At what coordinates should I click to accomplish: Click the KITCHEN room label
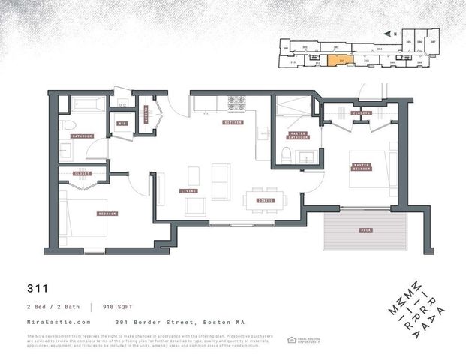[x=232, y=122]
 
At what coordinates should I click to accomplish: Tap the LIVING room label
[x=189, y=191]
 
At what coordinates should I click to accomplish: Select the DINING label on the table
[x=266, y=200]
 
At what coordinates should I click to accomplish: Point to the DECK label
[x=365, y=230]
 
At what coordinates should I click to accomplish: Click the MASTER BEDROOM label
[x=361, y=166]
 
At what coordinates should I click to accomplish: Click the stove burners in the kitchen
[x=238, y=101]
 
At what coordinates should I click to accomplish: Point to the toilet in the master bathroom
[x=287, y=155]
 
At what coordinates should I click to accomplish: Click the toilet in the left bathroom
[x=67, y=124]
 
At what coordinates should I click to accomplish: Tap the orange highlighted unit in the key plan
[x=342, y=61]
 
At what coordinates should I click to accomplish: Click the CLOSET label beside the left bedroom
[x=82, y=173]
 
